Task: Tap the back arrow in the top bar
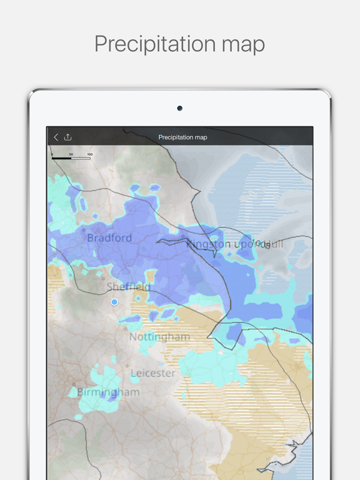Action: click(56, 137)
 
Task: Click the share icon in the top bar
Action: click(68, 137)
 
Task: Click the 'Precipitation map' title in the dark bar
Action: click(182, 137)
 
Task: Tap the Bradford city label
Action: click(109, 237)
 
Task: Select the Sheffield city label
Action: click(128, 287)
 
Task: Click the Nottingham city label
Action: click(159, 337)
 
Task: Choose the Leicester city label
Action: click(153, 373)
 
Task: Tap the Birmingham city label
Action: click(108, 392)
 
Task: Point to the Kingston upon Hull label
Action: click(235, 244)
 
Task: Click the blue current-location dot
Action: click(114, 302)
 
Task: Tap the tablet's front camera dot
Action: click(179, 108)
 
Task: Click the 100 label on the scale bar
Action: click(90, 154)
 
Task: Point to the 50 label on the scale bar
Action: click(71, 154)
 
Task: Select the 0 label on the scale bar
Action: click(52, 154)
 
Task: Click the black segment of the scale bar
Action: click(61, 158)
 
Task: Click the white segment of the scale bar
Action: click(81, 158)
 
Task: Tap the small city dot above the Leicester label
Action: click(127, 366)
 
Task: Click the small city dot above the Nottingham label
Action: click(126, 329)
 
